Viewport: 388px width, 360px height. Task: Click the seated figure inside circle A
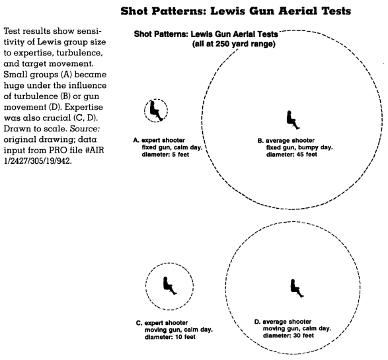click(156, 111)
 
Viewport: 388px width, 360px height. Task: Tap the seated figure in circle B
click(293, 120)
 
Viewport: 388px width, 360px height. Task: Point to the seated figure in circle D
click(297, 288)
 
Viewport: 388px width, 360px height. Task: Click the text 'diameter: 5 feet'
click(165, 155)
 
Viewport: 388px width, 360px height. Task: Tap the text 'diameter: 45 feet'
click(291, 155)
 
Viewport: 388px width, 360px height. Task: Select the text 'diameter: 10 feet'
click(170, 337)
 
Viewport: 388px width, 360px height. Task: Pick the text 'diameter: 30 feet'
click(288, 336)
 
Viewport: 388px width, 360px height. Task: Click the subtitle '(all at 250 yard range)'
click(233, 44)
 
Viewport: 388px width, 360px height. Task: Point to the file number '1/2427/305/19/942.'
click(38, 161)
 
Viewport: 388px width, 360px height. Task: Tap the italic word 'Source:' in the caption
click(85, 129)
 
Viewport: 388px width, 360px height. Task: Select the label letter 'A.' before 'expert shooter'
click(136, 141)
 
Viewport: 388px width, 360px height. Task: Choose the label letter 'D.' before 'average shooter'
click(257, 322)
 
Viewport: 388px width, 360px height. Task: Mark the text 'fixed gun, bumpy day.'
click(299, 147)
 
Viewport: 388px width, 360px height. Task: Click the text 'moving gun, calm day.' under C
click(178, 330)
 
